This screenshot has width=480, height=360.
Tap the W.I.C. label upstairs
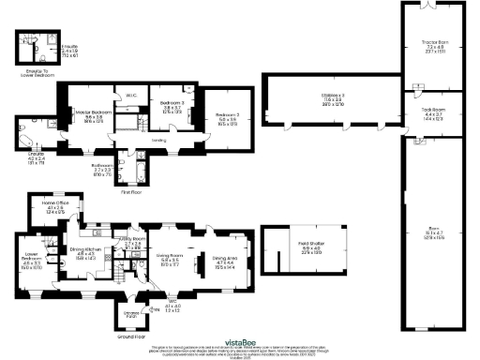[131, 93]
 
